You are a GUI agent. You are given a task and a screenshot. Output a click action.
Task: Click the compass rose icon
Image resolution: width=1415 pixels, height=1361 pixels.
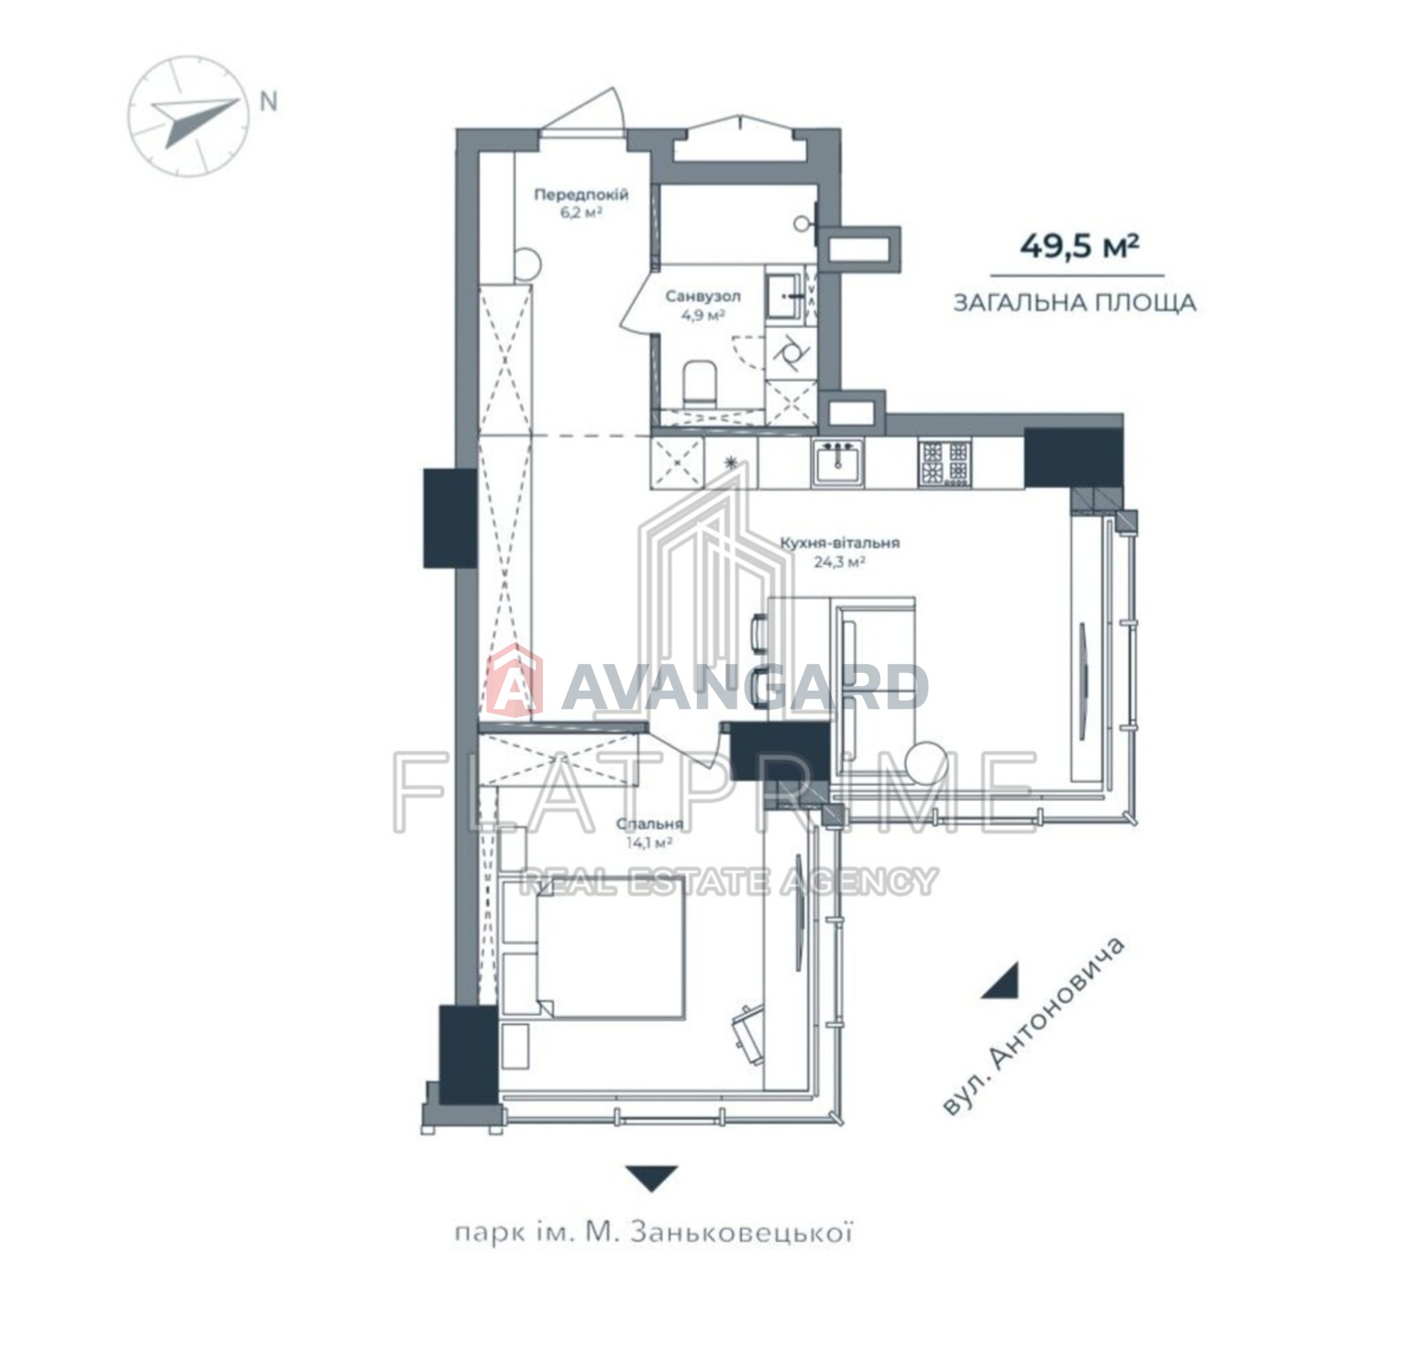186,116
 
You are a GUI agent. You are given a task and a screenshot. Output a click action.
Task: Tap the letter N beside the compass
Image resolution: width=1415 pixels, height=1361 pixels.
268,102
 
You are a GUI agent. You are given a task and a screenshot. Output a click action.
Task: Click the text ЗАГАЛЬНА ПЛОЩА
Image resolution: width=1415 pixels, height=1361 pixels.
1075,303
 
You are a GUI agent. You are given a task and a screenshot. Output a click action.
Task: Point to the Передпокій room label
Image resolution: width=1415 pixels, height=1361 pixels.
581,195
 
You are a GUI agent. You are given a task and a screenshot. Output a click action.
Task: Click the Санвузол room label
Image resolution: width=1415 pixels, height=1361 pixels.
703,296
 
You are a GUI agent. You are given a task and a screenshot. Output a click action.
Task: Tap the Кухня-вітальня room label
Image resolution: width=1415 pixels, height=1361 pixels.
839,543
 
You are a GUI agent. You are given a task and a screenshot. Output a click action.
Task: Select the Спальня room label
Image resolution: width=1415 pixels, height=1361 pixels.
650,824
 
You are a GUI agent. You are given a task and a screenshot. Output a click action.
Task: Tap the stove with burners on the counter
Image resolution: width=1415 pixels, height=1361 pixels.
945,463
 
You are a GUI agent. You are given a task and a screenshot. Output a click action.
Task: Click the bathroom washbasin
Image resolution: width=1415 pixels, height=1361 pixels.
784,295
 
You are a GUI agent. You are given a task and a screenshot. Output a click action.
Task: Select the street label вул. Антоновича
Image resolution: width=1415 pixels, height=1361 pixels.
1033,1025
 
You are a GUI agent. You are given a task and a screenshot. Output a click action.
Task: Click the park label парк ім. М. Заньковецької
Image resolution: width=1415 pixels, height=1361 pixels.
654,1233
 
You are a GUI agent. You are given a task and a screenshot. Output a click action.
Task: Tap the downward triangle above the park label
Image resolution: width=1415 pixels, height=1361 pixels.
652,1178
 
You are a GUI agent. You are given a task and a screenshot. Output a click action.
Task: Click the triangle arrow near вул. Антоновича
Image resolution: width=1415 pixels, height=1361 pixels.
1003,981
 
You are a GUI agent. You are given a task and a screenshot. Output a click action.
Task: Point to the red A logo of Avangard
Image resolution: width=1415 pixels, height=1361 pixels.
514,682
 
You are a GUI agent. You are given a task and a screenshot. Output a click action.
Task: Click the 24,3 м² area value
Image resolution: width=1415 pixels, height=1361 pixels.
839,561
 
